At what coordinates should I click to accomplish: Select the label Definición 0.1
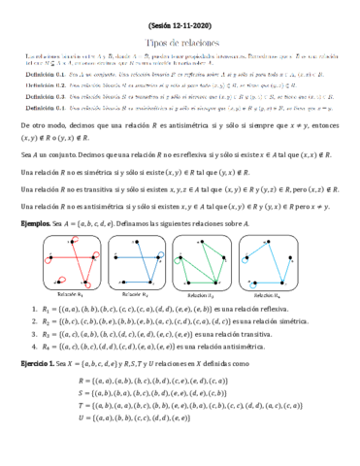pyautogui.click(x=47, y=73)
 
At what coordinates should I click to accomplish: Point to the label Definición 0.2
pyautogui.click(x=47, y=85)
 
